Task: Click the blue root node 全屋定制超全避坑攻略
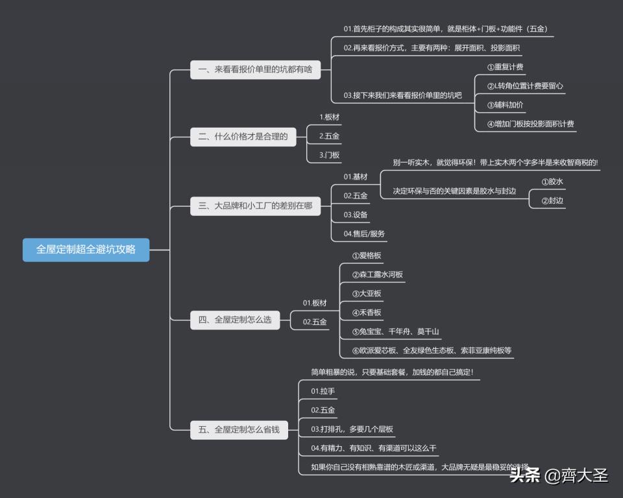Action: (x=86, y=249)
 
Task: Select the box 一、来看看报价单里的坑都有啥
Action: (x=255, y=69)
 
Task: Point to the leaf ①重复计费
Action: (x=505, y=67)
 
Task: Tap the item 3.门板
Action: (x=329, y=155)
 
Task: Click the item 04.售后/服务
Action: (x=364, y=233)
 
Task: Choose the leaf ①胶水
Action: (x=552, y=182)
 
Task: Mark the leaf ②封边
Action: (x=552, y=201)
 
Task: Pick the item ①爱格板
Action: (x=366, y=255)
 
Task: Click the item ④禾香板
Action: (x=366, y=313)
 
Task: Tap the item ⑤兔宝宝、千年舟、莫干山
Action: (x=395, y=332)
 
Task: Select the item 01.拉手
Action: (x=323, y=391)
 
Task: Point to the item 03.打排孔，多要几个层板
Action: (x=352, y=429)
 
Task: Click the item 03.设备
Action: (x=356, y=215)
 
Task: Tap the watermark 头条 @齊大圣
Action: (x=559, y=476)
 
